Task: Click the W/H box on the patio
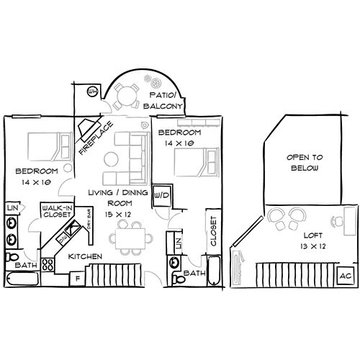(92, 91)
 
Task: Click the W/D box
(162, 195)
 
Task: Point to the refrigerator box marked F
(76, 277)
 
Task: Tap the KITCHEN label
(84, 257)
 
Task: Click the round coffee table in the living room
(112, 159)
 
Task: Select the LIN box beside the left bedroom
(12, 208)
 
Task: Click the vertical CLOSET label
(212, 231)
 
